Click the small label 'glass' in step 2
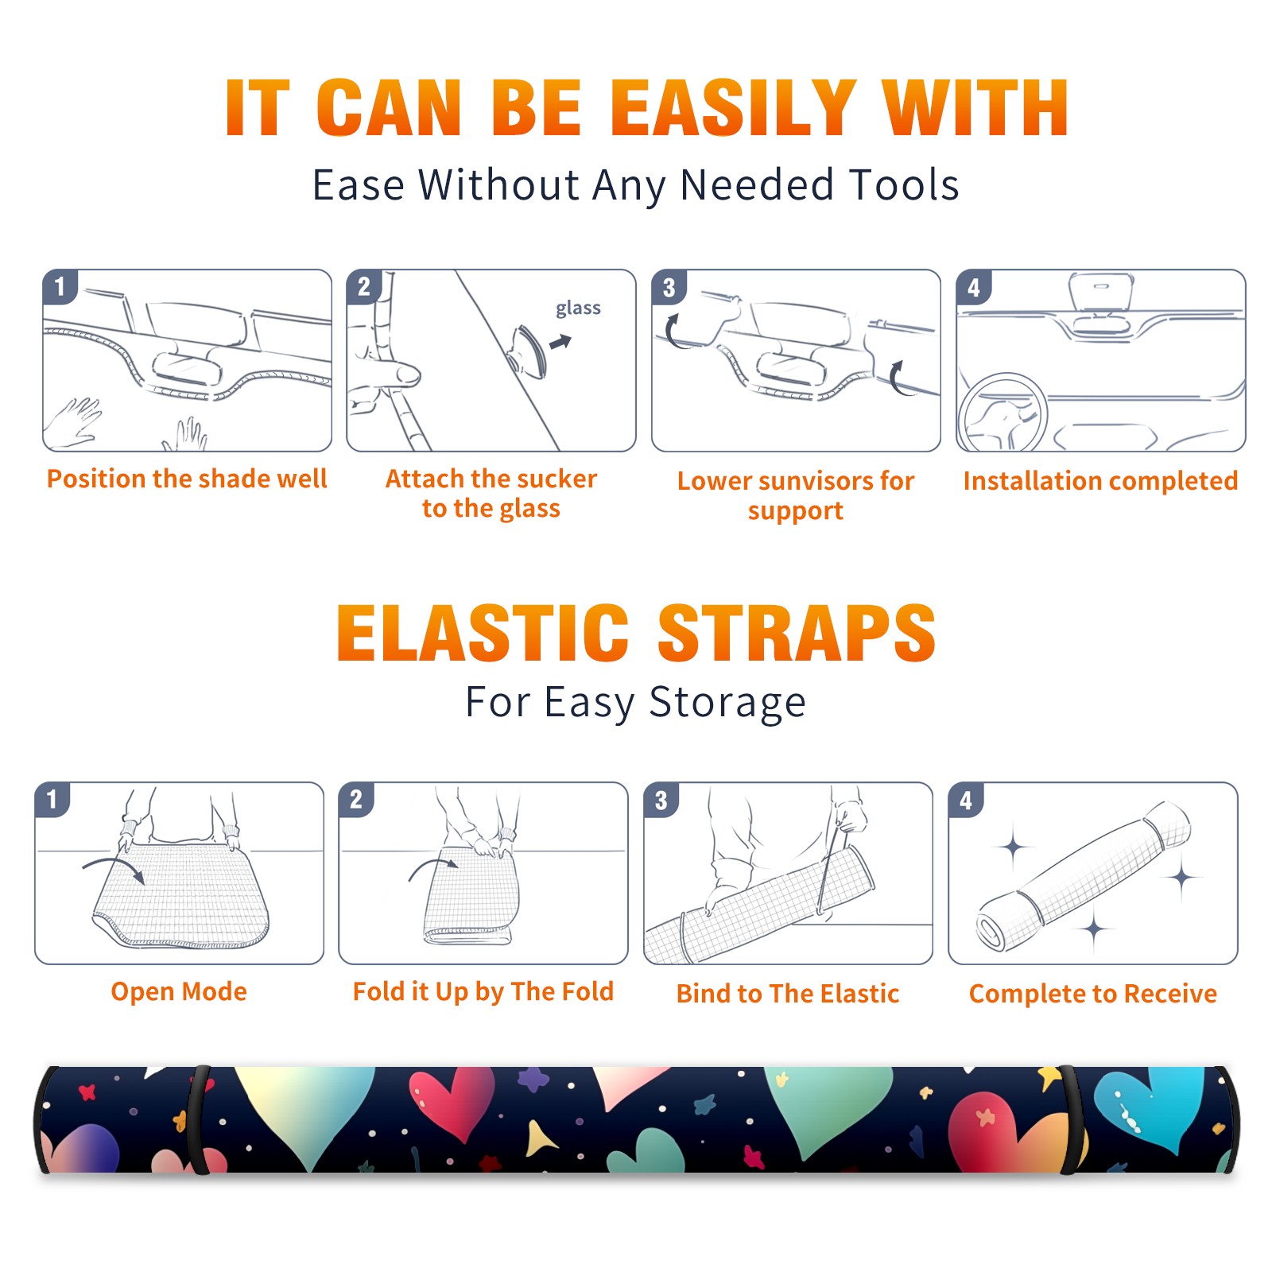(x=578, y=308)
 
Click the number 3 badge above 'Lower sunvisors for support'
(x=669, y=287)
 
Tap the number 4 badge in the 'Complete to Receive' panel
(x=966, y=800)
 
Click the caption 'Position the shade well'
(x=187, y=479)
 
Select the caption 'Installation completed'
(x=1100, y=480)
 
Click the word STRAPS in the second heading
(x=797, y=633)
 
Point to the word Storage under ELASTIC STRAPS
(x=727, y=703)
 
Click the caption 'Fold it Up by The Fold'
(x=483, y=991)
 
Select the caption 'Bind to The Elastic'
(x=788, y=993)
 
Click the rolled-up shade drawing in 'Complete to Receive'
(x=1083, y=877)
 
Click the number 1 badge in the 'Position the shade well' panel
(x=60, y=285)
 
